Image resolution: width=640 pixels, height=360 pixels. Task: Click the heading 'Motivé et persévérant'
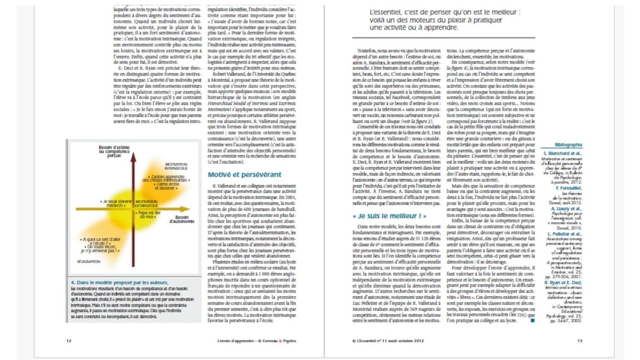tap(244, 174)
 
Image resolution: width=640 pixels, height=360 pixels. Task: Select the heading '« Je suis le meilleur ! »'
tap(389, 216)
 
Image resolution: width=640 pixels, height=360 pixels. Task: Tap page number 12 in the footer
tap(69, 341)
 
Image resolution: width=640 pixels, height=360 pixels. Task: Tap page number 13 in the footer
tap(579, 341)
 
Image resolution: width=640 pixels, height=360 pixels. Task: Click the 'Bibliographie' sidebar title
tap(568, 145)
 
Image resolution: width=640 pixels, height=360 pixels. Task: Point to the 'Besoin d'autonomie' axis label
tap(182, 219)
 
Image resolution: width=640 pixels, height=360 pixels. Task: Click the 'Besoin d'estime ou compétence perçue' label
tap(114, 151)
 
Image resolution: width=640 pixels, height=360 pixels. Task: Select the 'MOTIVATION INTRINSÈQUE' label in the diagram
tap(176, 166)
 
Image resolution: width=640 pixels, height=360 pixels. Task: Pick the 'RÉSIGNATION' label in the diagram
tap(89, 261)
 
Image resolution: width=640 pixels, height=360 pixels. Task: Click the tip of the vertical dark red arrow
tap(133, 154)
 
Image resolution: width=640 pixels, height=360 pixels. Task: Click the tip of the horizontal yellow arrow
tap(189, 209)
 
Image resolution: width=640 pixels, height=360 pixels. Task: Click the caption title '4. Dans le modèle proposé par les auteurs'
tap(119, 282)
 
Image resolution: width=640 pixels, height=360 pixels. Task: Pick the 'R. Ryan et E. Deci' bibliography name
tap(563, 283)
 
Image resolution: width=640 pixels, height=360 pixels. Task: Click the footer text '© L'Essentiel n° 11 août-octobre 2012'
tap(388, 341)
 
